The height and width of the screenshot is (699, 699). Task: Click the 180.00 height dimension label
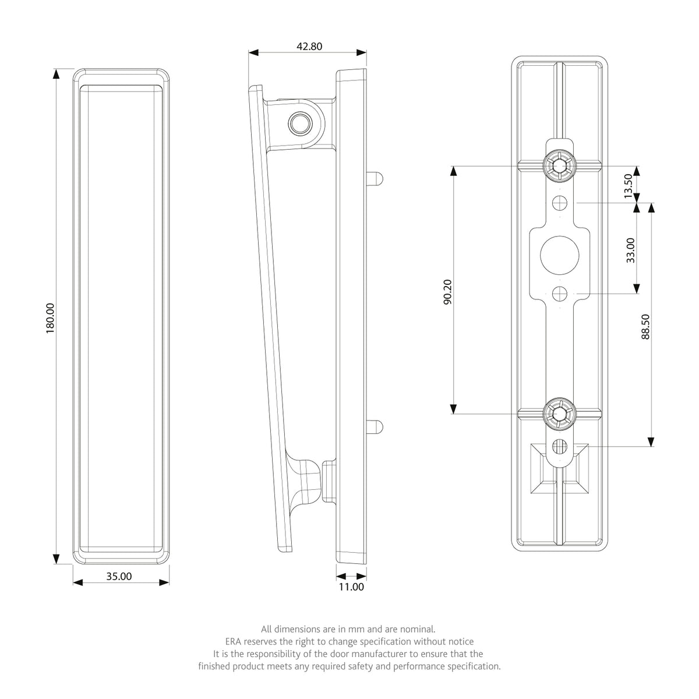[50, 319]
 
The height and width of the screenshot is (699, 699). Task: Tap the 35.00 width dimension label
[119, 576]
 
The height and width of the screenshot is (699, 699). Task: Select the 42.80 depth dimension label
[309, 47]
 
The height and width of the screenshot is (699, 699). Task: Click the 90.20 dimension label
[447, 292]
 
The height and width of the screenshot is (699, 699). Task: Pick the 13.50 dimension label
[628, 186]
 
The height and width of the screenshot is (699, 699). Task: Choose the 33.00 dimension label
[631, 250]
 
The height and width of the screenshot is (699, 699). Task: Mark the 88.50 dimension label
[645, 326]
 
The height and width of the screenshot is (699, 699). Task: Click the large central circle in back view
[560, 255]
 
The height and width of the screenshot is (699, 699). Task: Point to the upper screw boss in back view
[560, 166]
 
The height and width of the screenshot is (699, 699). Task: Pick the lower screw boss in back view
[560, 414]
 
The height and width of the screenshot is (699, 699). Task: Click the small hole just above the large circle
[560, 203]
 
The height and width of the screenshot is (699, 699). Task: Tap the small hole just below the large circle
[560, 294]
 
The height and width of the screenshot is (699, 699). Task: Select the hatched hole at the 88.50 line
[560, 446]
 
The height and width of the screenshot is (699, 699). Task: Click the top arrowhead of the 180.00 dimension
[56, 73]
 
